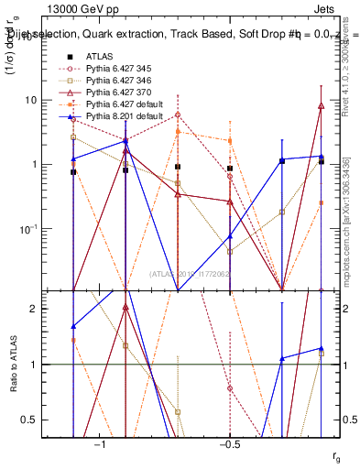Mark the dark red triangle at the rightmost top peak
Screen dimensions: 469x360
pyautogui.click(x=322, y=106)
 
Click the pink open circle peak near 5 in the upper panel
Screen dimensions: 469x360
pyautogui.click(x=178, y=115)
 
